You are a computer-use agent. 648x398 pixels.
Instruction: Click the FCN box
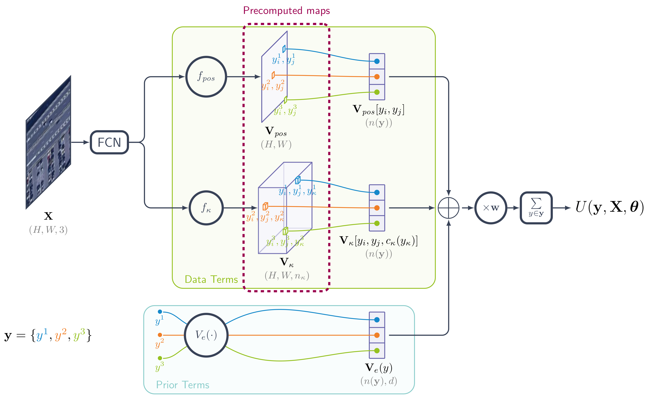(x=109, y=142)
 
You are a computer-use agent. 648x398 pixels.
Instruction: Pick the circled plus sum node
(x=448, y=208)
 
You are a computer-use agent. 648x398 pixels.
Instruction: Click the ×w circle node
(x=491, y=208)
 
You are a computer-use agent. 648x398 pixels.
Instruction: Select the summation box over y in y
(x=536, y=208)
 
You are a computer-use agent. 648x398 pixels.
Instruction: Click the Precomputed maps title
(x=286, y=11)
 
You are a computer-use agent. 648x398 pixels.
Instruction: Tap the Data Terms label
(x=211, y=279)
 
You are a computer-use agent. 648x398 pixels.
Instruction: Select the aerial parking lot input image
(x=49, y=142)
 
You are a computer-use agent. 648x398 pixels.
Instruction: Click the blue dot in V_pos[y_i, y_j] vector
(x=377, y=61)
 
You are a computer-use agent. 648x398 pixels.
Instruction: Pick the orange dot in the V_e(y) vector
(x=377, y=335)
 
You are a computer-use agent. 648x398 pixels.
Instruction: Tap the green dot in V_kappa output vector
(x=377, y=223)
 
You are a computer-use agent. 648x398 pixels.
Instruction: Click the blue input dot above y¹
(x=160, y=312)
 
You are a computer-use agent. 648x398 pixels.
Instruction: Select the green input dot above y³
(x=160, y=358)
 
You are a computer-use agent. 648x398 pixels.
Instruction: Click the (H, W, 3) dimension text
(x=49, y=230)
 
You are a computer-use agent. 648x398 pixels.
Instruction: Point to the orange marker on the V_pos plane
(x=273, y=75)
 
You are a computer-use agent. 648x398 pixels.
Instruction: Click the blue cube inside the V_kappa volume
(x=298, y=180)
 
